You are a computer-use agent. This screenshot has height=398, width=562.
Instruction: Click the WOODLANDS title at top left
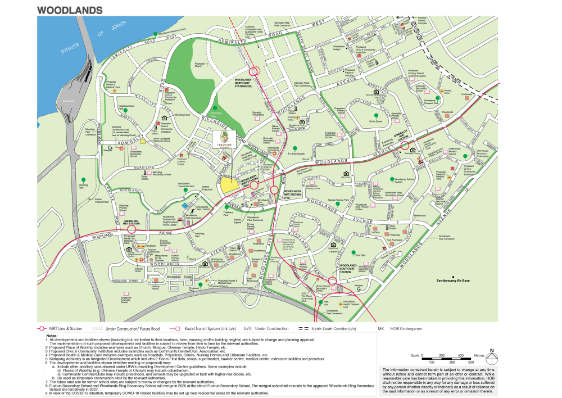pyautogui.click(x=70, y=10)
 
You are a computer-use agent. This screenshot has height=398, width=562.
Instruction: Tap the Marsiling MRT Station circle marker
pyautogui.click(x=133, y=229)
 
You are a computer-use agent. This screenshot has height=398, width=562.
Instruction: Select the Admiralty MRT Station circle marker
pyautogui.click(x=404, y=146)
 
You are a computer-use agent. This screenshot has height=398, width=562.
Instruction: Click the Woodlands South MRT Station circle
pyautogui.click(x=333, y=282)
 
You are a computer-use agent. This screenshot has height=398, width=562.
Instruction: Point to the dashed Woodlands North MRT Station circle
pyautogui.click(x=254, y=71)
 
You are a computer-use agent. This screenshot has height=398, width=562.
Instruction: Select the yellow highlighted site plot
pyautogui.click(x=228, y=184)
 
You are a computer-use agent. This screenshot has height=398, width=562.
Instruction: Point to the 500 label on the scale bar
pyautogui.click(x=478, y=362)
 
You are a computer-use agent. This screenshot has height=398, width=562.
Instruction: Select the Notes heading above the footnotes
pyautogui.click(x=52, y=336)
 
